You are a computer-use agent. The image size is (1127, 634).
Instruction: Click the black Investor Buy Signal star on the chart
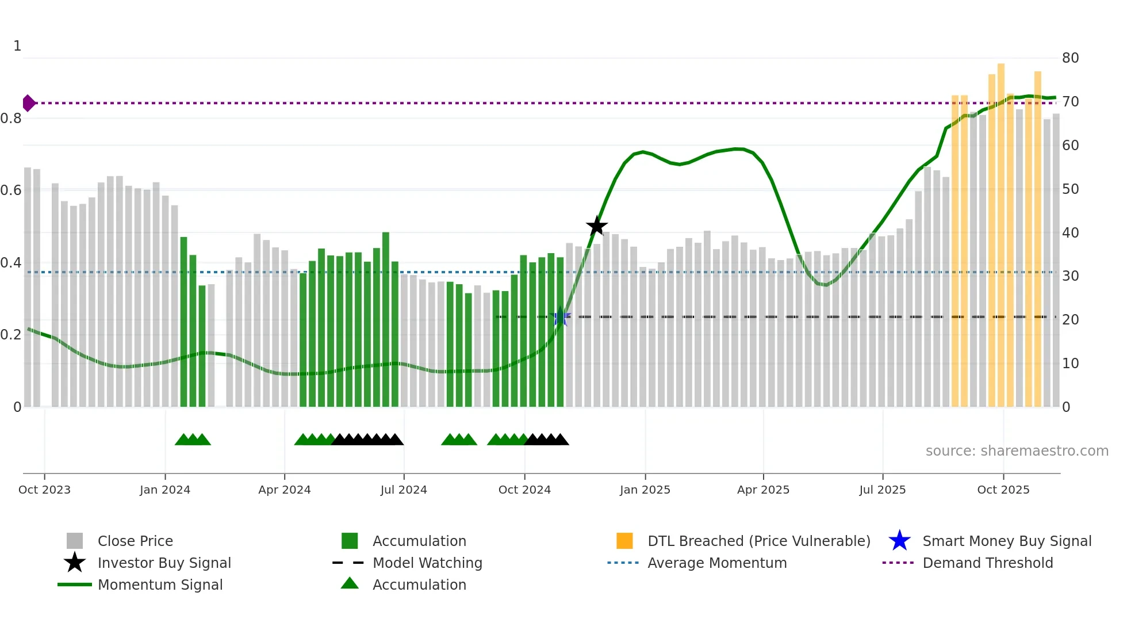[597, 226]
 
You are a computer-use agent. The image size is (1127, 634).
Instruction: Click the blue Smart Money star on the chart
[560, 316]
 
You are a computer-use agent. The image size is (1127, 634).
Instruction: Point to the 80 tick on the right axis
[1070, 58]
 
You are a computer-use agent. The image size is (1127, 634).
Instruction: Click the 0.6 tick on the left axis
[11, 190]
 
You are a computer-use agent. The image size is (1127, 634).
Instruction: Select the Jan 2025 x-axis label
[645, 490]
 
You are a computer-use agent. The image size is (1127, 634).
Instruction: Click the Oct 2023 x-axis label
[44, 490]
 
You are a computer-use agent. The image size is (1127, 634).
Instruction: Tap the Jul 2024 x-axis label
[404, 490]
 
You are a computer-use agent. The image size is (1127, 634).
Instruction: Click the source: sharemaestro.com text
[1017, 450]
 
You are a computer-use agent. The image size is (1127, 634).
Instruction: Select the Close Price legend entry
[135, 541]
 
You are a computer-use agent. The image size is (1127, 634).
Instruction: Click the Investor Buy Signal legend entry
[164, 563]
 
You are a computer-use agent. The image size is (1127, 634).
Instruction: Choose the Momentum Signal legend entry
[160, 585]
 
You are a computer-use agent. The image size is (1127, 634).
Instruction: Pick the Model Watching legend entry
[427, 563]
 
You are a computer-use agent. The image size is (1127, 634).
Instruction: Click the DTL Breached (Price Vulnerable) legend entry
[758, 541]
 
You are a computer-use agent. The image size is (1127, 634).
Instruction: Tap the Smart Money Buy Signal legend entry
[1006, 541]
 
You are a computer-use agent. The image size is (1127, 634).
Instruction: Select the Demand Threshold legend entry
[987, 563]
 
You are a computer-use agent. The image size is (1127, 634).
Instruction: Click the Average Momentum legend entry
[716, 563]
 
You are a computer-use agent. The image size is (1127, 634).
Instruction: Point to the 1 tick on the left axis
[17, 45]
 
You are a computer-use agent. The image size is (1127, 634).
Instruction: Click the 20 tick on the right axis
[1070, 319]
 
